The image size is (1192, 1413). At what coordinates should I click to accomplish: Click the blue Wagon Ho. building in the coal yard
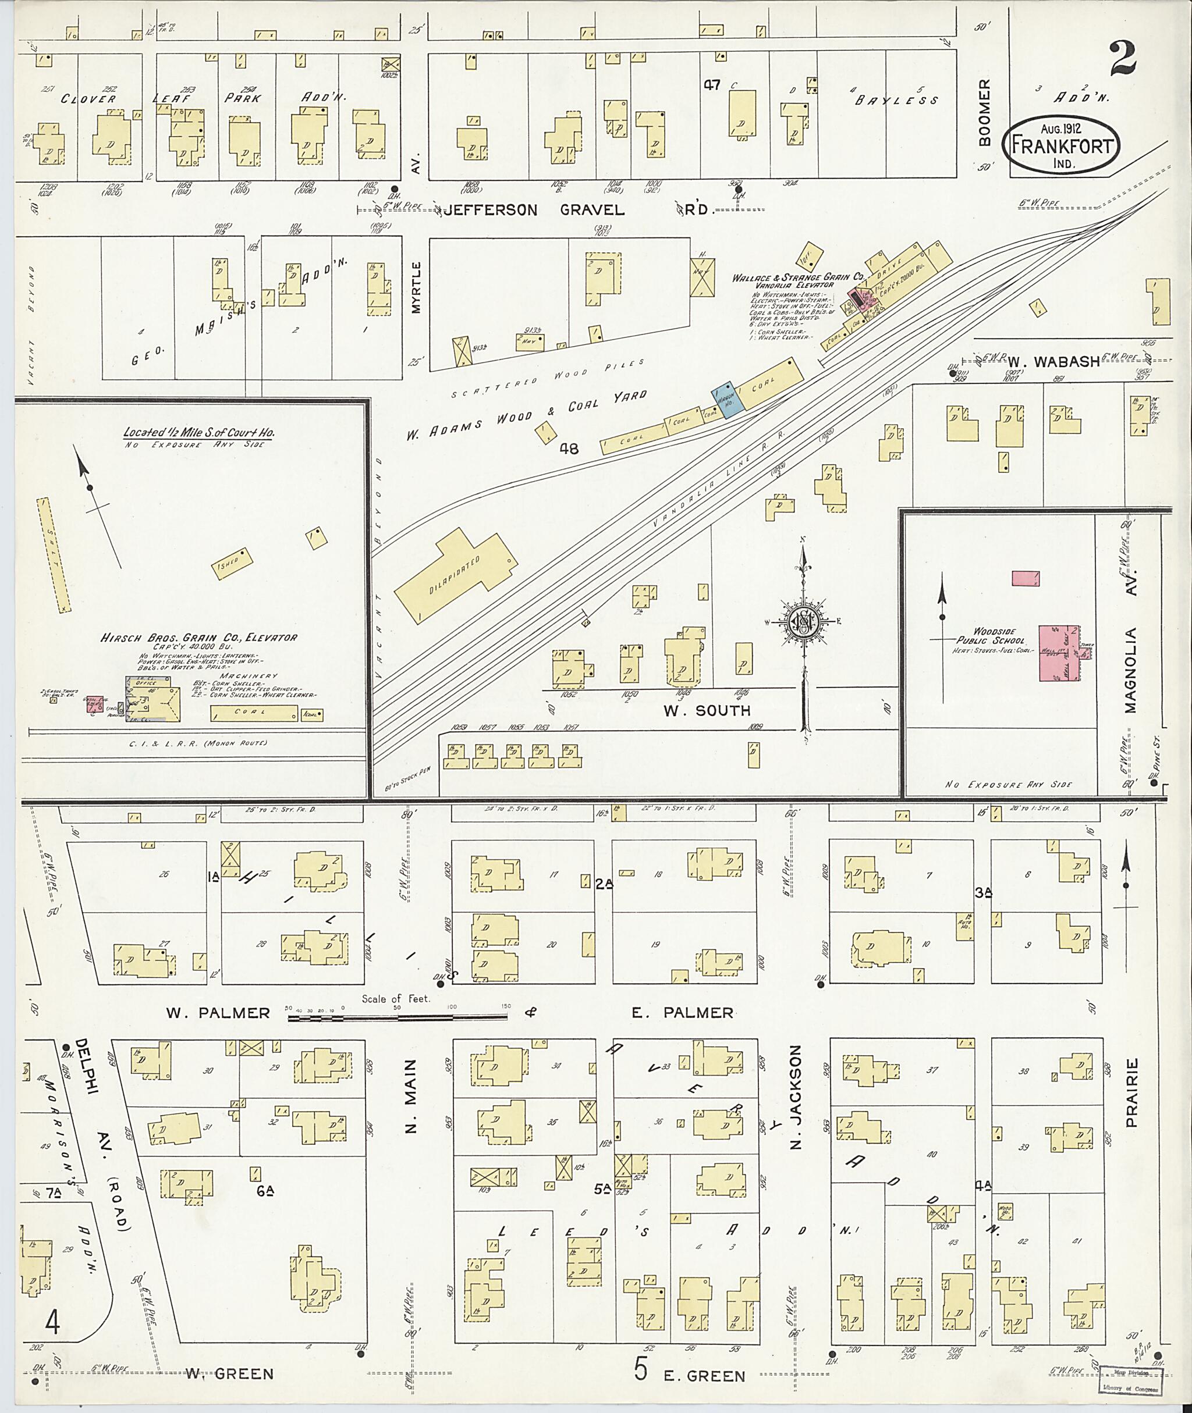click(728, 403)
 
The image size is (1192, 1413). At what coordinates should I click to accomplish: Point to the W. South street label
click(706, 710)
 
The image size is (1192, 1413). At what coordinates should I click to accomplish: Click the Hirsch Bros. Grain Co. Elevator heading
click(198, 637)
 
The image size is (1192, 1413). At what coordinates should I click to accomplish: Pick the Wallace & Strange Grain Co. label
click(799, 277)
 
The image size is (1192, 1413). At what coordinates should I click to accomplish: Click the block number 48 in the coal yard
click(569, 448)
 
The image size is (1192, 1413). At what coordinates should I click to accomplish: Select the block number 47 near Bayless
click(712, 85)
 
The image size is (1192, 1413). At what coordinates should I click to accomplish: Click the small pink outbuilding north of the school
click(1025, 578)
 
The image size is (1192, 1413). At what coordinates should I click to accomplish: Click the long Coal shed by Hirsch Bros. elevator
click(254, 713)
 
